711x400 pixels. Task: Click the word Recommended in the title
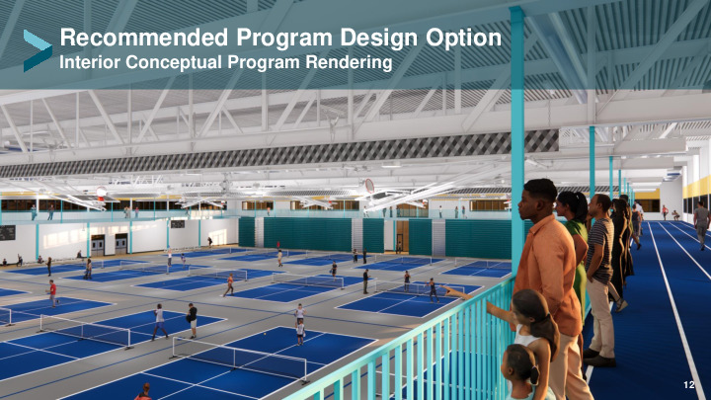coord(144,38)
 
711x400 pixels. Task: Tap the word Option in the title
coord(463,39)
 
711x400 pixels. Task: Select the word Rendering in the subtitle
coord(349,62)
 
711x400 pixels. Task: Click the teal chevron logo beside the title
coord(38,50)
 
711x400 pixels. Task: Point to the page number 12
coord(689,384)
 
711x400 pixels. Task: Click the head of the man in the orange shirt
coord(536,199)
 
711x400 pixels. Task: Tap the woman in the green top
coord(574,245)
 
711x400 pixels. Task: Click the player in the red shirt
coord(53,293)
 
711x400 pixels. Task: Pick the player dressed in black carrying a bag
coord(193,320)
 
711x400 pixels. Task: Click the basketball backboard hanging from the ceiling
coord(369,186)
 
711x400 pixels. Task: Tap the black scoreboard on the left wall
coord(7,233)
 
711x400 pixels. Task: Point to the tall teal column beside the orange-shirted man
coord(516,136)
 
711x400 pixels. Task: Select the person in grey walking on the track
coord(701,224)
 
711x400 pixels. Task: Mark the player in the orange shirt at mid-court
coord(230,284)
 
